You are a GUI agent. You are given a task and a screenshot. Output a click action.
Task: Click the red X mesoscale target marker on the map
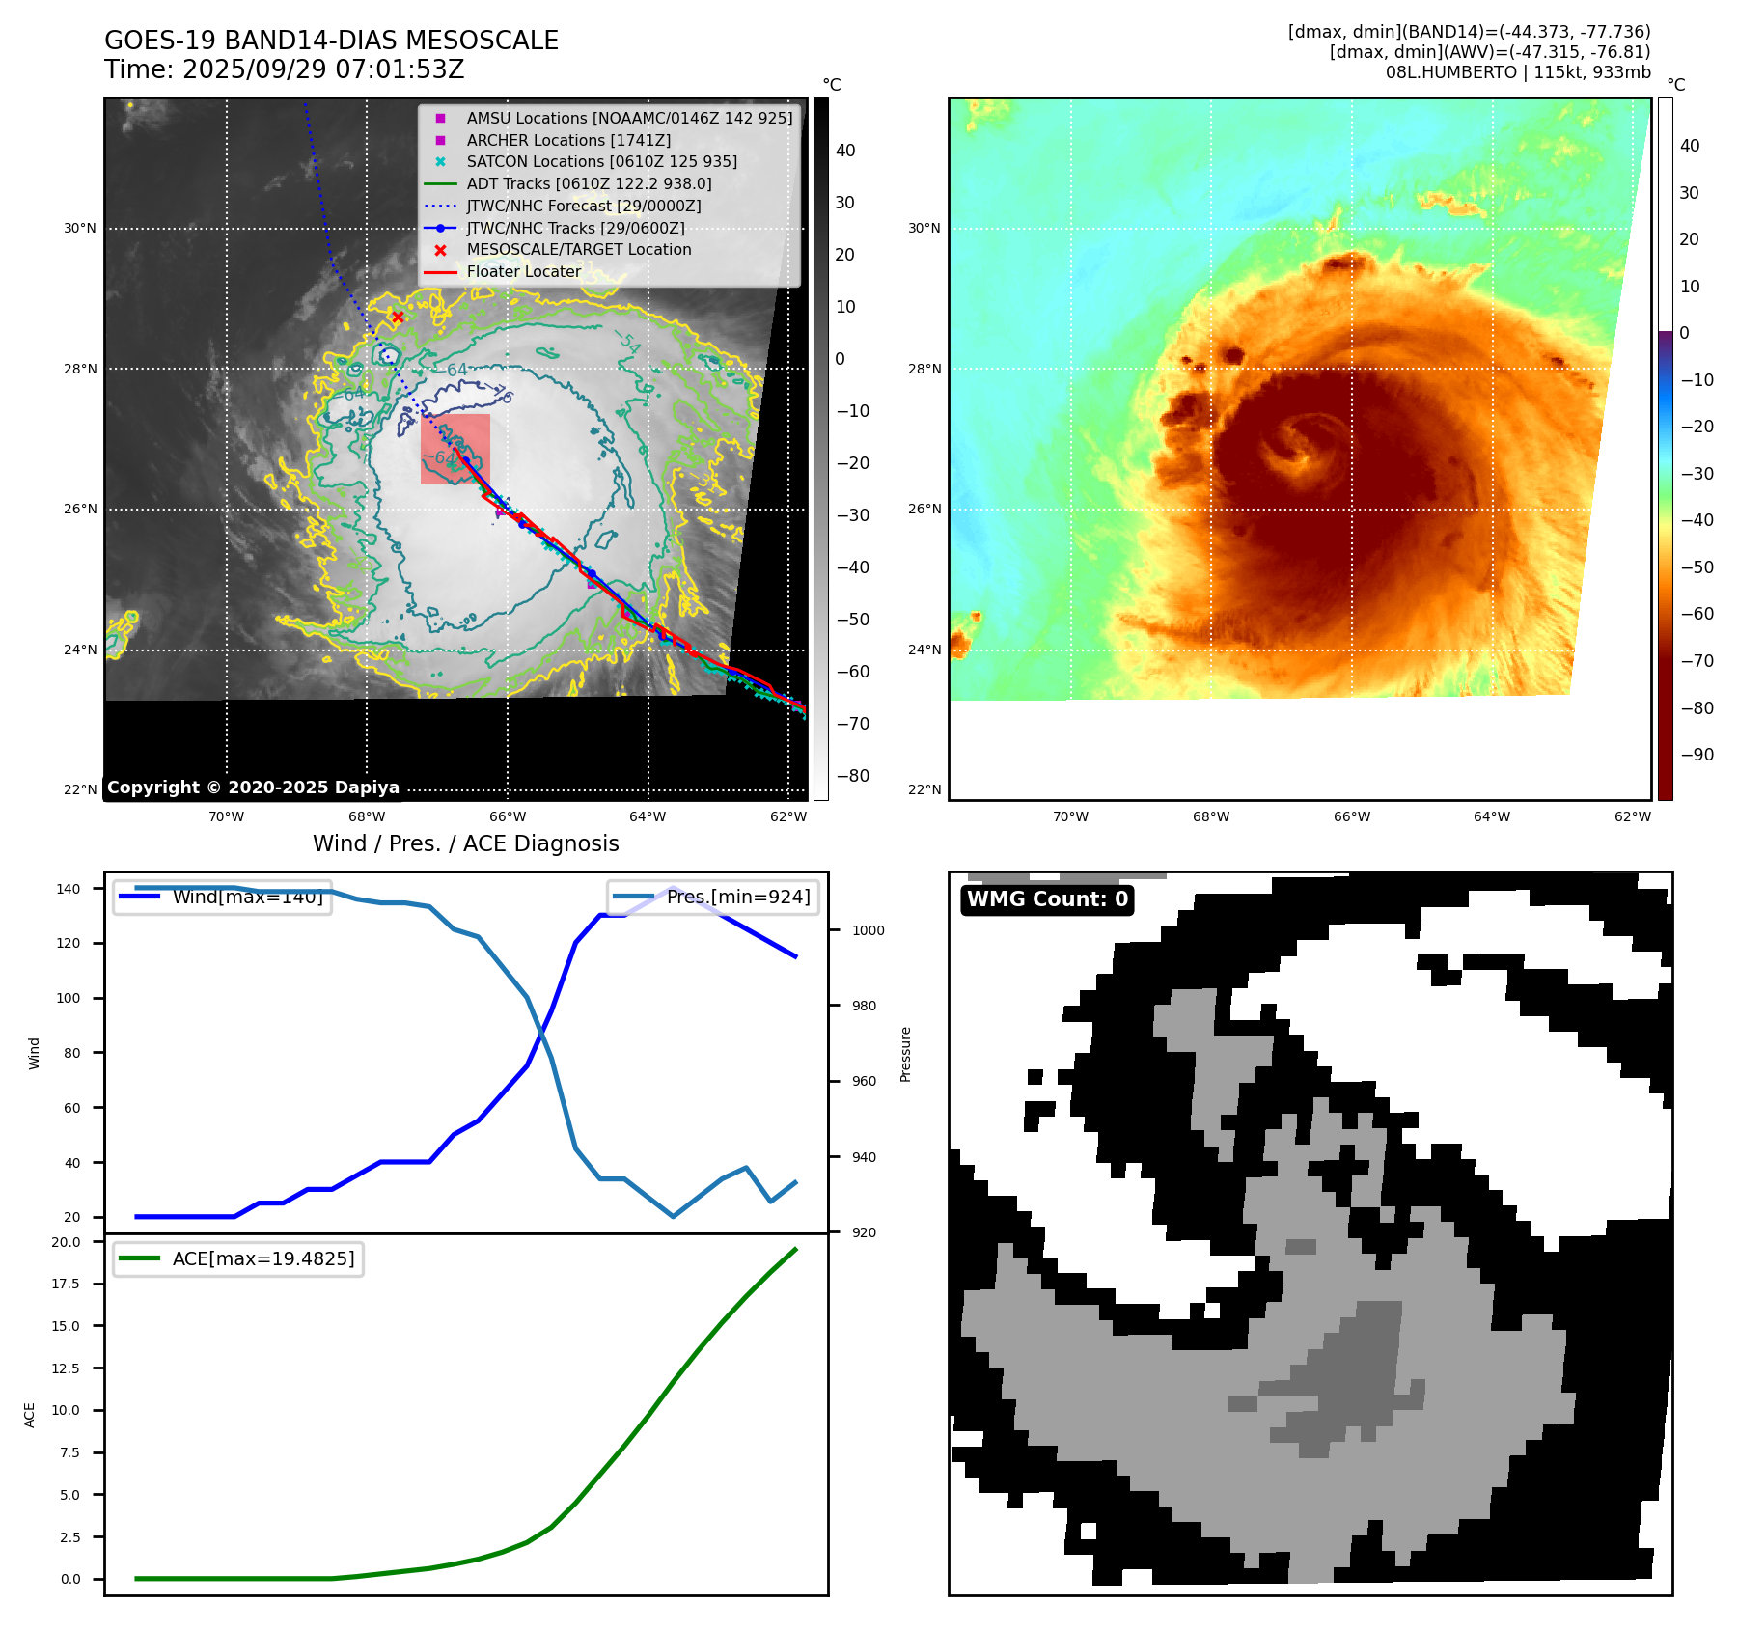[x=398, y=317]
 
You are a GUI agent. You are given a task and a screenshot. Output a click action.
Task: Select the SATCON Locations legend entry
[x=601, y=162]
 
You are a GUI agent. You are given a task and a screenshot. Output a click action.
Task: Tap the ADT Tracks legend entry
[x=589, y=183]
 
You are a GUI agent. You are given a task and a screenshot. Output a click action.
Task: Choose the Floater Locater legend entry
[x=523, y=272]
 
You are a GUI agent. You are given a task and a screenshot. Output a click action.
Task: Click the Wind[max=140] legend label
[x=247, y=898]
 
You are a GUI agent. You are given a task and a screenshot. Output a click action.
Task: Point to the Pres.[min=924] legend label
[x=738, y=898]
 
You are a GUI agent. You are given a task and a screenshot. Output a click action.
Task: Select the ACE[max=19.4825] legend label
[x=262, y=1258]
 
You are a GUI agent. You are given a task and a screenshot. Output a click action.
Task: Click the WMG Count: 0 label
[x=1047, y=899]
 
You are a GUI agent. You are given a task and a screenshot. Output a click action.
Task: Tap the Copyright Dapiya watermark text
[x=253, y=788]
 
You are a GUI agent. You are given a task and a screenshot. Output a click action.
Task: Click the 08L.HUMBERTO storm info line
[x=1517, y=72]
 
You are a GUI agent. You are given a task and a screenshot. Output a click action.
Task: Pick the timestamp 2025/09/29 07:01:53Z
[x=323, y=69]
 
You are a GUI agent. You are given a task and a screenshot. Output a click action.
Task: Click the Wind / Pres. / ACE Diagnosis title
[x=466, y=843]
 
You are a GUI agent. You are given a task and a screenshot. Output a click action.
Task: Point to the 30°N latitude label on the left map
[x=80, y=229]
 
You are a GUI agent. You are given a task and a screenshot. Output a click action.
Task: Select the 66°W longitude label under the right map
[x=1351, y=816]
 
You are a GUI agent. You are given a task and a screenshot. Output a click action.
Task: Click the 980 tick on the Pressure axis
[x=864, y=1006]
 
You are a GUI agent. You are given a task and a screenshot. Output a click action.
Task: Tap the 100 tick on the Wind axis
[x=69, y=998]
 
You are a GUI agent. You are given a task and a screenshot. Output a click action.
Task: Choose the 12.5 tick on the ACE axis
[x=66, y=1368]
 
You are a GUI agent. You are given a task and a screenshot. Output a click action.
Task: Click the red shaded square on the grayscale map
[x=455, y=449]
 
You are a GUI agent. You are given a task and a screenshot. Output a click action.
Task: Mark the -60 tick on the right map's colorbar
[x=1697, y=614]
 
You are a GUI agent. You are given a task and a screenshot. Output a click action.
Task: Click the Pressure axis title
[x=905, y=1054]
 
